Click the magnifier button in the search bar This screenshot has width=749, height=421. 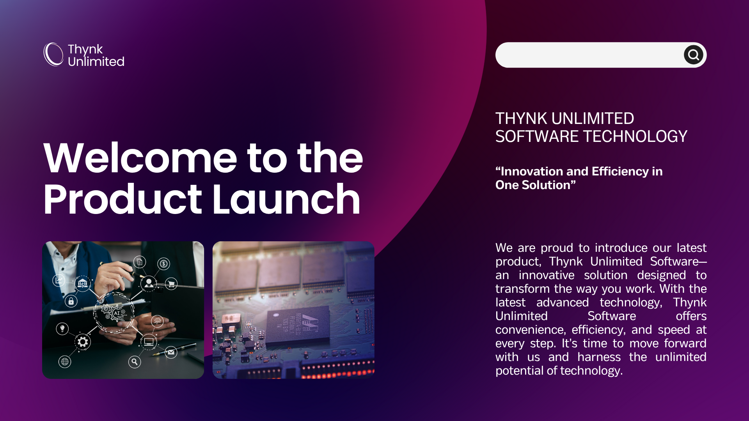pos(693,55)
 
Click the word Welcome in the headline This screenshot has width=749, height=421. pos(140,158)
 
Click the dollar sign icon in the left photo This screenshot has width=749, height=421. pos(164,264)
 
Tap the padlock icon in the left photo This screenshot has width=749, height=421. pos(71,301)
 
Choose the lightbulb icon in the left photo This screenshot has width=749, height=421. pos(62,329)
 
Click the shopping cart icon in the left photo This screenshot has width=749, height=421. pos(171,284)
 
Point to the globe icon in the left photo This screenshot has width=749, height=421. pos(65,362)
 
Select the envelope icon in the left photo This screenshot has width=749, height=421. pos(171,352)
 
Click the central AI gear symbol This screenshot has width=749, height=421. pos(114,312)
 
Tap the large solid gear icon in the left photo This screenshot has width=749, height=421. pos(83,342)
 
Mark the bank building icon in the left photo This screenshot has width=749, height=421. pos(83,283)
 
